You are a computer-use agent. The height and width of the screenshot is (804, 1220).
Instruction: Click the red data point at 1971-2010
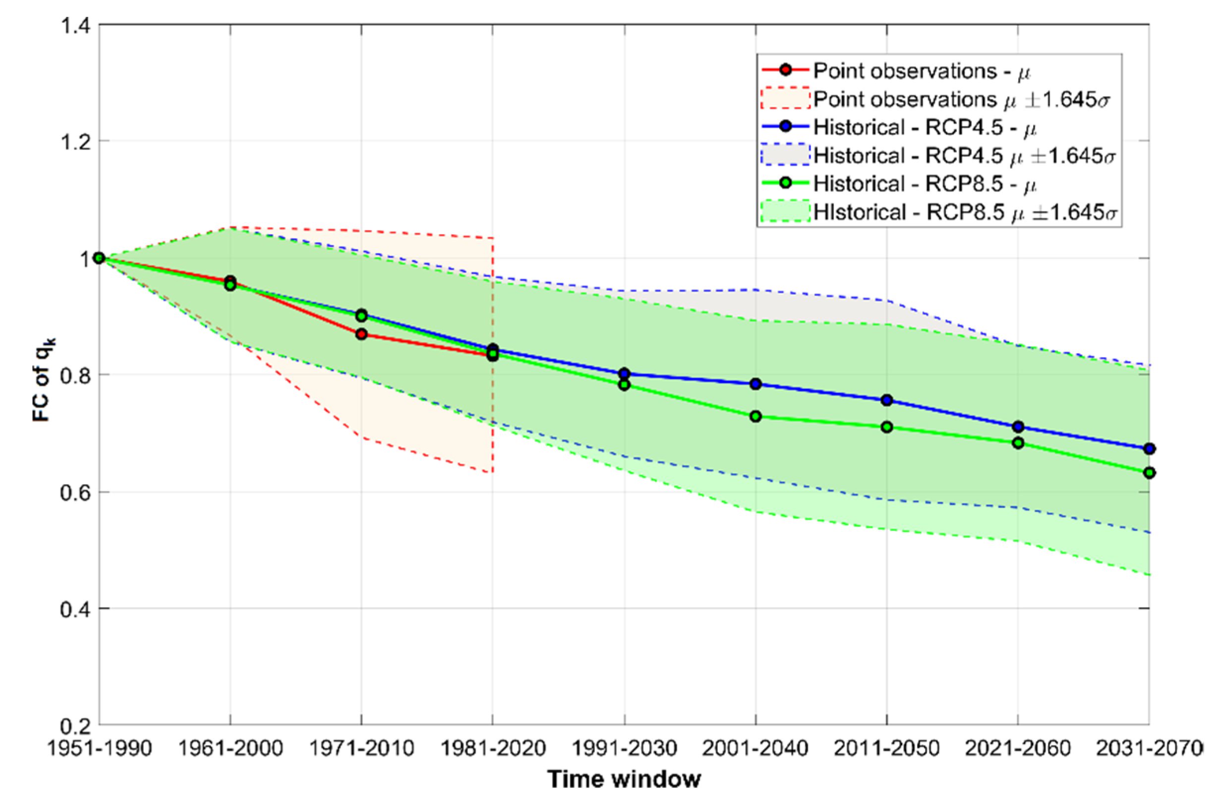[361, 334]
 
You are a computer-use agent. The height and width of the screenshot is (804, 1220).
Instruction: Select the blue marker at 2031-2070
[1149, 449]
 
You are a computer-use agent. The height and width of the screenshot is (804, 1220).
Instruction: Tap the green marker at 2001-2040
[755, 416]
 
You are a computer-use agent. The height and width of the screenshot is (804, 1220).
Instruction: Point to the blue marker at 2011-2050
[887, 400]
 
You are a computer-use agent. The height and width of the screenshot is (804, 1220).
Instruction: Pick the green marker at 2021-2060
[1018, 443]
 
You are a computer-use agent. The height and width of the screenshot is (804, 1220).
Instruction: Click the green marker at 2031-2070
[1149, 473]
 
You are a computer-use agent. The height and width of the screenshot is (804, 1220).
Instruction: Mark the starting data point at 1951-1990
[100, 257]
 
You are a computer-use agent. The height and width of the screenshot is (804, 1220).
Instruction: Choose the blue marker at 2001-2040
[755, 383]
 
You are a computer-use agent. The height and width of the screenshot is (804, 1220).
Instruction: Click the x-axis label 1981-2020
[493, 748]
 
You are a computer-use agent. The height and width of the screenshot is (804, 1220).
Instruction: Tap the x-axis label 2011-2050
[887, 748]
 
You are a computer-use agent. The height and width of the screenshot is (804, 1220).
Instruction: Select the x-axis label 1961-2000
[230, 748]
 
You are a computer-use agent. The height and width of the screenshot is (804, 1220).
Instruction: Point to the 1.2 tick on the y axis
[76, 141]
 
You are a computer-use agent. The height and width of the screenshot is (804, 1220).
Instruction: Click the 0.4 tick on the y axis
[76, 609]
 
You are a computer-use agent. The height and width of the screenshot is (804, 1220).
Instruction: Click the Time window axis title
[624, 779]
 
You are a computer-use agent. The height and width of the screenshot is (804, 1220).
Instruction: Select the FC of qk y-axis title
[43, 379]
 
